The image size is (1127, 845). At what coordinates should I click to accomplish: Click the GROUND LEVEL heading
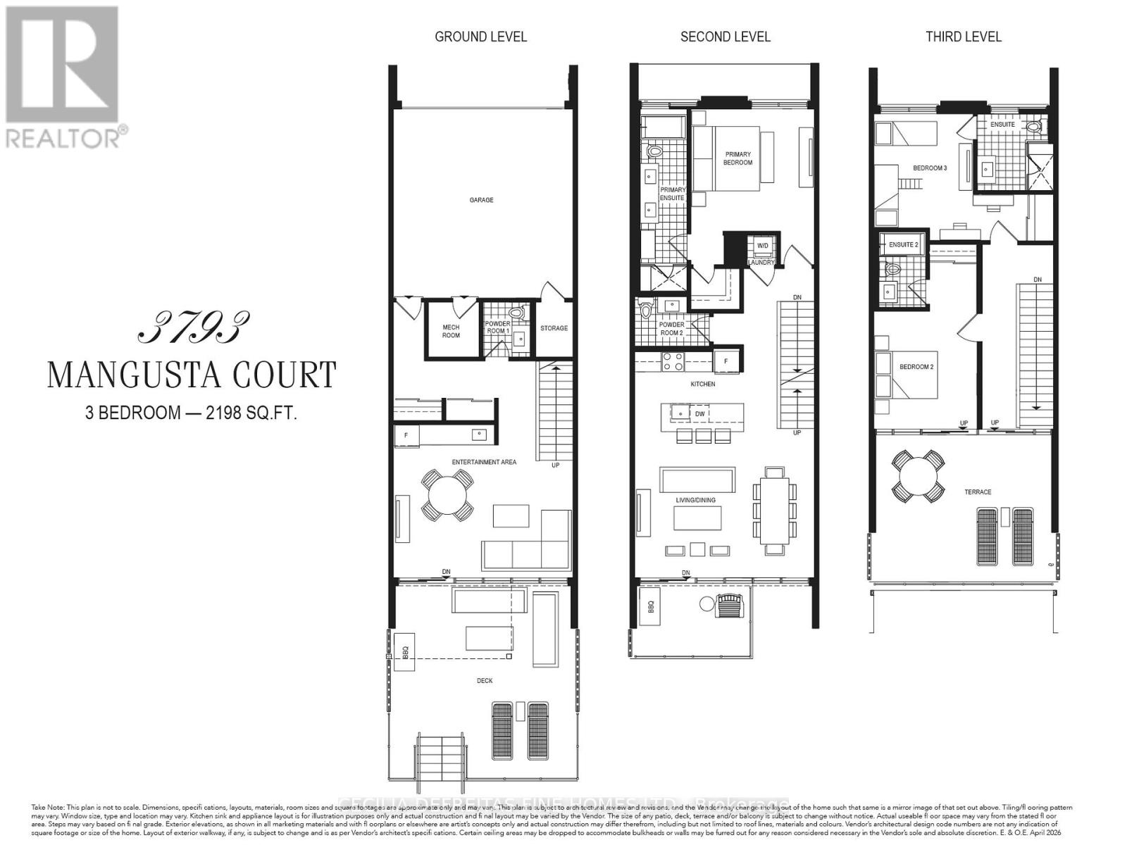(480, 37)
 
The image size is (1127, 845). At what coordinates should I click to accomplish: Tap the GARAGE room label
(482, 200)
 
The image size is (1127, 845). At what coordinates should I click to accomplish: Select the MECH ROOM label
(451, 331)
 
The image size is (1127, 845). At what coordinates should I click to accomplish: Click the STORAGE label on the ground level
(554, 328)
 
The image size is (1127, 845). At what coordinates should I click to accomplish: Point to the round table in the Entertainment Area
(447, 495)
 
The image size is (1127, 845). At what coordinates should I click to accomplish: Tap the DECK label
(485, 680)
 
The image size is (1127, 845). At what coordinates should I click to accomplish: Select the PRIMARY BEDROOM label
(737, 158)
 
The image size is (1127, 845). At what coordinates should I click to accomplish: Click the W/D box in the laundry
(762, 246)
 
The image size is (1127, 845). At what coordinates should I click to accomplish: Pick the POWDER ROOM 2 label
(671, 329)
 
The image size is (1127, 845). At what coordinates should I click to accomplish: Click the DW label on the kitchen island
(700, 414)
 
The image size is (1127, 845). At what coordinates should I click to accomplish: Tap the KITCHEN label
(702, 384)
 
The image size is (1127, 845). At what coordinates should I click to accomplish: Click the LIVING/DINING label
(695, 500)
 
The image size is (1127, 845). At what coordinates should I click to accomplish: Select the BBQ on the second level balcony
(651, 606)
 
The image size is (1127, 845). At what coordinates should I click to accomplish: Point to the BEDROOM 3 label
(930, 168)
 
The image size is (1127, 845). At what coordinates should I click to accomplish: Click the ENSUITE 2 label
(903, 245)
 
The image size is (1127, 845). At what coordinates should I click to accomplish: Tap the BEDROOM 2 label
(916, 367)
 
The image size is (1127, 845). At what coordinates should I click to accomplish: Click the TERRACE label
(978, 492)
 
